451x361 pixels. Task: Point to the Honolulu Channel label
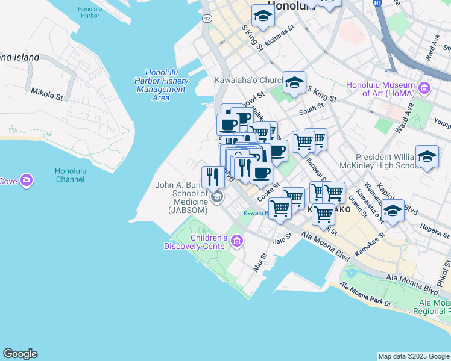pyautogui.click(x=72, y=175)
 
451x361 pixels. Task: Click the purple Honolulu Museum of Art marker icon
pyautogui.click(x=424, y=89)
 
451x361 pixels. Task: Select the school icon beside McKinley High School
pyautogui.click(x=427, y=156)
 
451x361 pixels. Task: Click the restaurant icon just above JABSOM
pyautogui.click(x=213, y=176)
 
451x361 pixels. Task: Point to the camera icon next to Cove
pyautogui.click(x=26, y=180)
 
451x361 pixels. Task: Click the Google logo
pyautogui.click(x=20, y=354)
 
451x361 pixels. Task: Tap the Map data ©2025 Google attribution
pyautogui.click(x=414, y=356)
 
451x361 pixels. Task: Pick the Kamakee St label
pyautogui.click(x=369, y=248)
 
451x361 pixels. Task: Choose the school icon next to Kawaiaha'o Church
pyautogui.click(x=294, y=82)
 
